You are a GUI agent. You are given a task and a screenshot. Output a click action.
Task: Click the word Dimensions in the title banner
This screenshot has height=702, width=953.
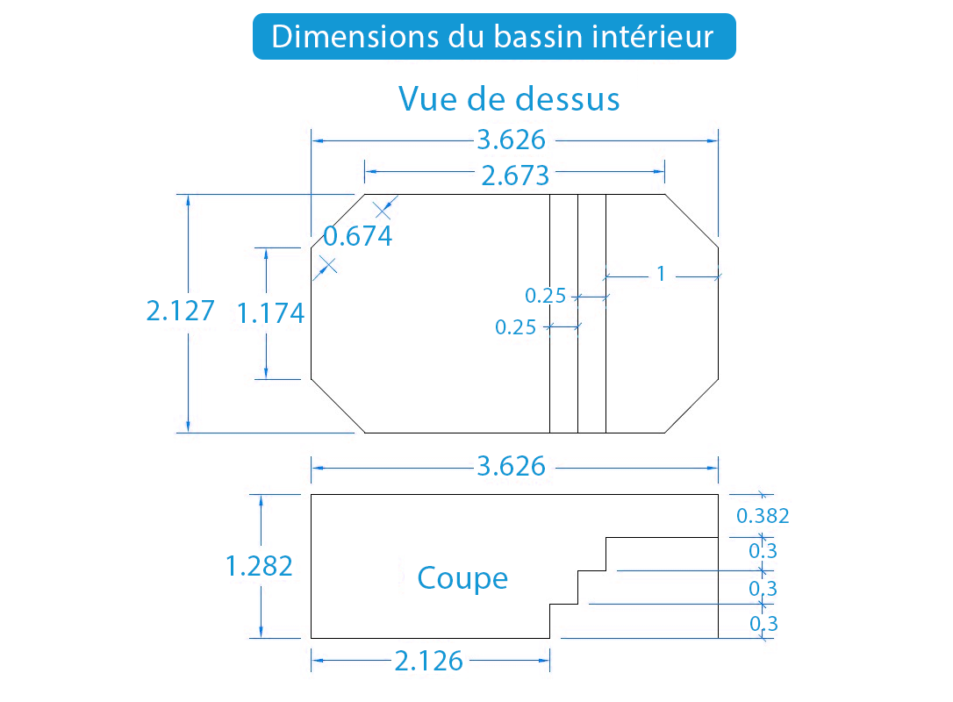tap(355, 37)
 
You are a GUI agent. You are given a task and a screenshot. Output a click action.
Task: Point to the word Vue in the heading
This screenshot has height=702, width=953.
tap(426, 98)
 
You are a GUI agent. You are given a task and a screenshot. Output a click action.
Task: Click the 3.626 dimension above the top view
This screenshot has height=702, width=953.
tap(511, 140)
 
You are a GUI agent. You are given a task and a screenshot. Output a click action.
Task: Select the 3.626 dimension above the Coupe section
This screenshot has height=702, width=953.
tap(511, 466)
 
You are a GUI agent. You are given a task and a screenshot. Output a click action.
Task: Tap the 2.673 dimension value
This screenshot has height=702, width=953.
tap(515, 175)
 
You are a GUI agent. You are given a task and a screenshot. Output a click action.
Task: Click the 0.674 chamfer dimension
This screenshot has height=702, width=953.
tap(358, 236)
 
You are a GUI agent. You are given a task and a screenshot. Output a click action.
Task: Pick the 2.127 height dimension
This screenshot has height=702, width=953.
tap(181, 311)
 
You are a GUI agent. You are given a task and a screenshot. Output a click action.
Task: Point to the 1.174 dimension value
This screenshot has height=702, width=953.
tap(270, 313)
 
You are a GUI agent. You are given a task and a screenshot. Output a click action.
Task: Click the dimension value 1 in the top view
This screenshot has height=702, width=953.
tap(662, 274)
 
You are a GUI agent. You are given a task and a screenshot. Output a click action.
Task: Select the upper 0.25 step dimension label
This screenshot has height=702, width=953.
tap(545, 296)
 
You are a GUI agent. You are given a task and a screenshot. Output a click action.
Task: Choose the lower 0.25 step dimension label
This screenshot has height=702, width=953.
tap(515, 327)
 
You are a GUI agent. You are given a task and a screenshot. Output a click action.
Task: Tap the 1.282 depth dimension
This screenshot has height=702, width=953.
tap(259, 566)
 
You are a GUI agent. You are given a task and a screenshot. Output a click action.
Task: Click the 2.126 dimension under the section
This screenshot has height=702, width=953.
tap(428, 661)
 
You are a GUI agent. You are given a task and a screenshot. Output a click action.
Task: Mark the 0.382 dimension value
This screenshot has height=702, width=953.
tap(763, 516)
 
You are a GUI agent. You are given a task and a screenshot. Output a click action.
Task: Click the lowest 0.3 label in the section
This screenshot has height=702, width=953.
tap(763, 624)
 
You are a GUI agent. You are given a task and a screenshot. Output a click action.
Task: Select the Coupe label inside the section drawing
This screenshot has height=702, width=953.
tap(462, 578)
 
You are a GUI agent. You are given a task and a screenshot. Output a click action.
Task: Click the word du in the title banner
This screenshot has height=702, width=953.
tap(467, 37)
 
